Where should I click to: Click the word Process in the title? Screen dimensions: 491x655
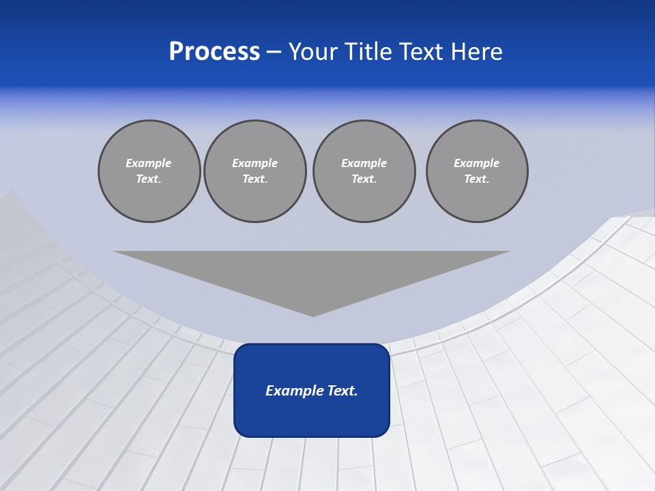pos(214,52)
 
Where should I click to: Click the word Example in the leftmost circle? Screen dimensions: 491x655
pos(149,163)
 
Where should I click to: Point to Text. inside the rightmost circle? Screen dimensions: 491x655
pos(477,179)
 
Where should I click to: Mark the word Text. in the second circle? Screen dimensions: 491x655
pos(255,179)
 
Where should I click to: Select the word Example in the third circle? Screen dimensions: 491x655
pos(364,163)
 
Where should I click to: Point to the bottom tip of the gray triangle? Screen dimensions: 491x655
pos(312,315)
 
